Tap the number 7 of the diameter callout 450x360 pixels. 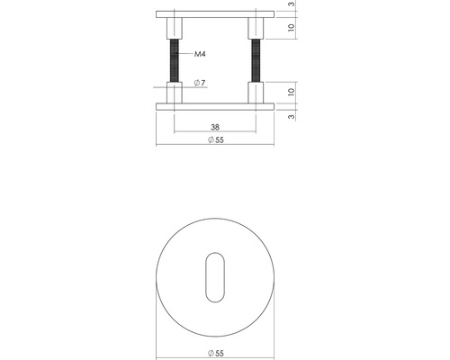pyautogui.click(x=203, y=83)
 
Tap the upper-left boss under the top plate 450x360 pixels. pyautogui.click(x=175, y=29)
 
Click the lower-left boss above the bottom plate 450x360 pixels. pyautogui.click(x=175, y=94)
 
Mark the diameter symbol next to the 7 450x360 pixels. pyautogui.click(x=195, y=83)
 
